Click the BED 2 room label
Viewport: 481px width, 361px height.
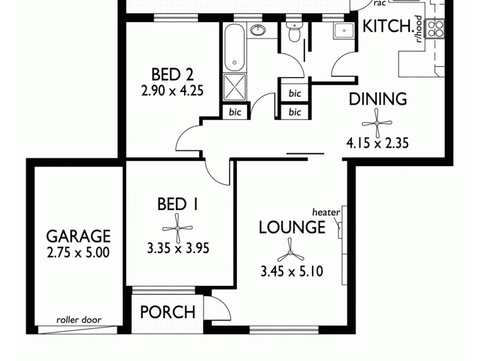point(172,75)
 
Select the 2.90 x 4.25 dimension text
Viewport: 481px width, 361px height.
point(173,92)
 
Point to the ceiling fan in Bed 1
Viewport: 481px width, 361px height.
point(177,228)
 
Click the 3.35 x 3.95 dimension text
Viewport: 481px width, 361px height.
point(178,247)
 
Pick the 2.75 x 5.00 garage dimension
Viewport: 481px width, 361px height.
point(79,252)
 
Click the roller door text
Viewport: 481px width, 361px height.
point(79,320)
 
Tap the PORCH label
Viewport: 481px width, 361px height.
point(168,312)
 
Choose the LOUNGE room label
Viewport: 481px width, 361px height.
point(292,227)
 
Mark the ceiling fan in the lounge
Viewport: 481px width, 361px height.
point(290,249)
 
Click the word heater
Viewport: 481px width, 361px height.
point(326,212)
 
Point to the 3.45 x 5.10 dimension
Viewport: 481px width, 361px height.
point(292,271)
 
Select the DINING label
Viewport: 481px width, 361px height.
point(378,99)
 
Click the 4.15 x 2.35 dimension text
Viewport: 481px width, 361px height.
point(378,143)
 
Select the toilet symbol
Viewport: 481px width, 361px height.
point(294,34)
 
